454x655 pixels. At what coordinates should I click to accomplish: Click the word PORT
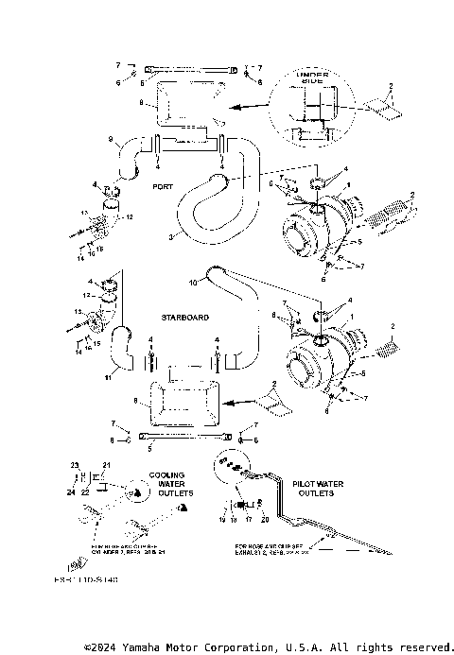162,187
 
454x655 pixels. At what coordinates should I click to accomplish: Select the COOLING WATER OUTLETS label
170,484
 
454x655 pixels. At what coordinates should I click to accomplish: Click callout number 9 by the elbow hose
111,141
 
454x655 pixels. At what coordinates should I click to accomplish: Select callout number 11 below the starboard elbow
107,377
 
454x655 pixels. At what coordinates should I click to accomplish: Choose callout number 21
107,465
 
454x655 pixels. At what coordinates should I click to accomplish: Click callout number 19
222,520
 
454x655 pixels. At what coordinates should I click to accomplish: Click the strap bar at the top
188,67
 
